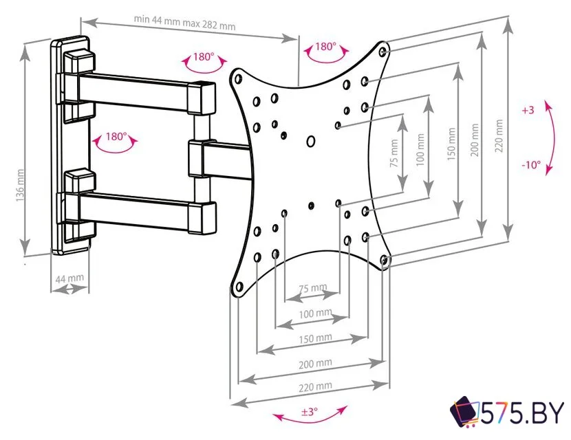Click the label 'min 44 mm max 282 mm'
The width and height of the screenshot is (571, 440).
tap(184, 23)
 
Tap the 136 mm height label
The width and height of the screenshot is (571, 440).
tap(20, 185)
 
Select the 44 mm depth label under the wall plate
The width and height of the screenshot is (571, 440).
tap(69, 278)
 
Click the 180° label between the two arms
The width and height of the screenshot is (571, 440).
tap(116, 137)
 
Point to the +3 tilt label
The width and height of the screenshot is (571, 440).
tap(528, 110)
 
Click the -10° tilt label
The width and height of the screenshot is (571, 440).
tap(531, 165)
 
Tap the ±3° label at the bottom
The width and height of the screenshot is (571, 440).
tap(309, 412)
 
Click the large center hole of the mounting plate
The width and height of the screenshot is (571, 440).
tap(311, 141)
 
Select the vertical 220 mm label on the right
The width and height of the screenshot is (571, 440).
tap(499, 135)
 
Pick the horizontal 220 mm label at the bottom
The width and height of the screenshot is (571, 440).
tap(315, 387)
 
